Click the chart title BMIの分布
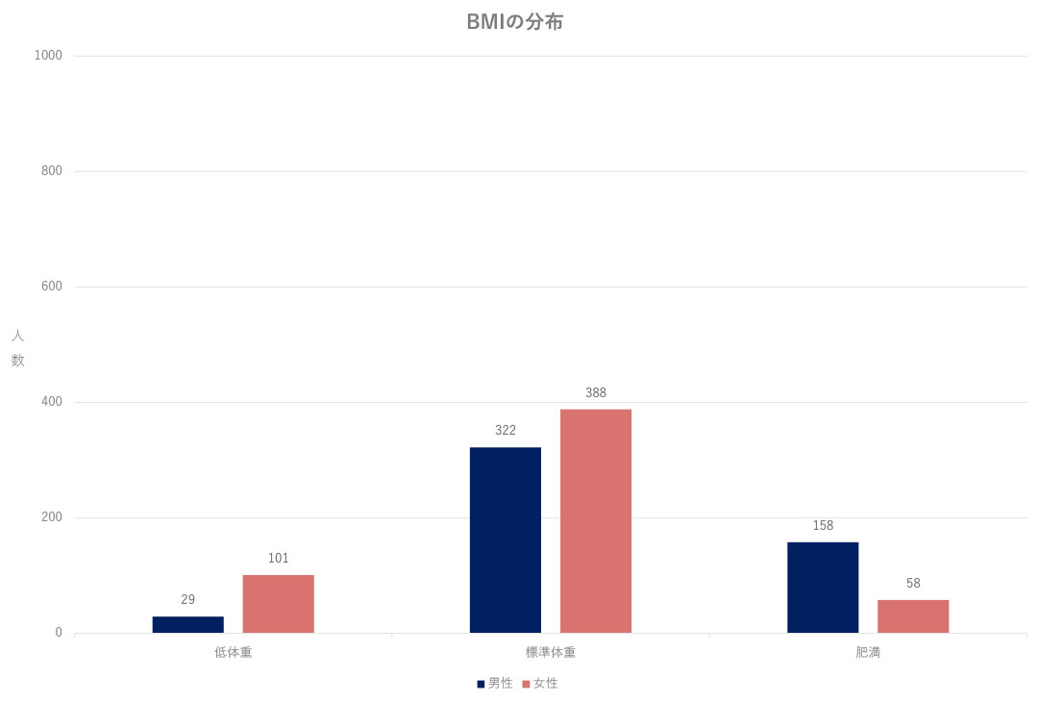click(514, 21)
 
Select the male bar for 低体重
click(188, 624)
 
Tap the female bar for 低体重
click(279, 604)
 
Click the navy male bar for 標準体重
click(506, 540)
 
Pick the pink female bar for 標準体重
click(596, 521)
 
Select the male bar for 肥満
click(823, 588)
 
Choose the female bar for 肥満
click(913, 616)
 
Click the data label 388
click(596, 392)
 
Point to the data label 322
click(506, 430)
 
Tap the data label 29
click(188, 599)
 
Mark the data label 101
click(279, 558)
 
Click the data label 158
click(823, 525)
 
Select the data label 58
click(913, 583)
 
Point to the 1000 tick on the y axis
click(48, 56)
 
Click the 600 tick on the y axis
click(52, 287)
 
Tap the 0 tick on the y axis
click(59, 633)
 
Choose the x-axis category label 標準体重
click(551, 652)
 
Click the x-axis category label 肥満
click(868, 652)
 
